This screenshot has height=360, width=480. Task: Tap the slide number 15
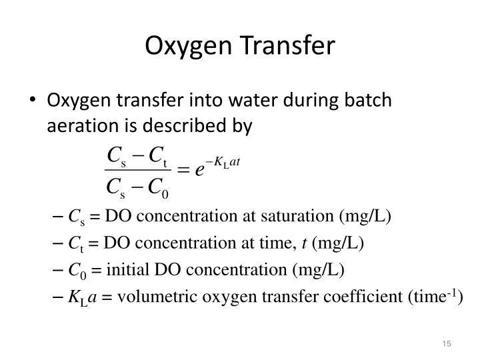[446, 343]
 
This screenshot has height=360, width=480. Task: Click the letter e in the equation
[199, 169]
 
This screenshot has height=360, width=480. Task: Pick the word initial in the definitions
[123, 269]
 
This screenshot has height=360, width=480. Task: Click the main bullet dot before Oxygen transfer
[33, 102]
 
